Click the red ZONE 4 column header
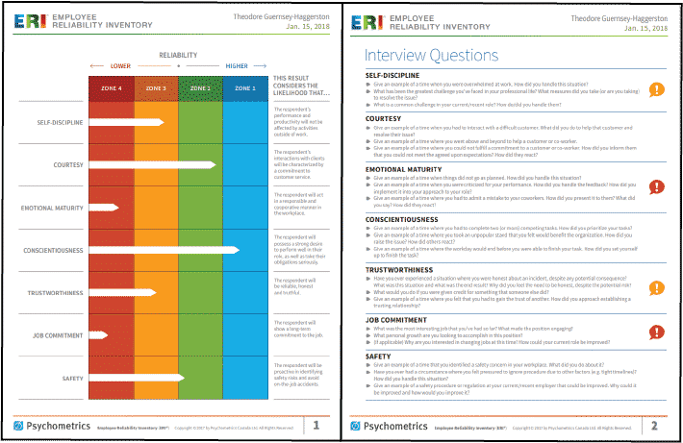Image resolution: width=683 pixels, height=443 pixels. click(x=111, y=87)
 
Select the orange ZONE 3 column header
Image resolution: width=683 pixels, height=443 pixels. click(x=157, y=87)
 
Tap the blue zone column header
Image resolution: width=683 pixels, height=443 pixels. click(x=244, y=87)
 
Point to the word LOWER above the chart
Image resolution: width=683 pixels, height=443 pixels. click(x=120, y=66)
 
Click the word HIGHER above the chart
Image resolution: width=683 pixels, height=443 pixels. click(x=237, y=66)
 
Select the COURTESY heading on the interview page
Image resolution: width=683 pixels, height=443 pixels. click(x=386, y=120)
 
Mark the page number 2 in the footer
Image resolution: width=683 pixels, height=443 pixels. click(x=654, y=424)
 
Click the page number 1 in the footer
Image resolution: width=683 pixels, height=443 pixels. click(x=316, y=424)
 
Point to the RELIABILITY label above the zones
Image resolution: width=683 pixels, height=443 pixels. click(x=178, y=56)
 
